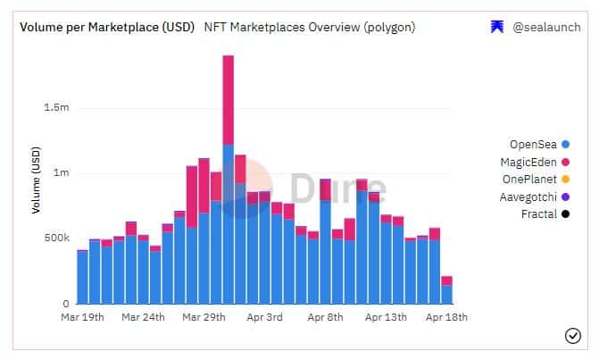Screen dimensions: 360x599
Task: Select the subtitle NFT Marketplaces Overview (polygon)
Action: [310, 27]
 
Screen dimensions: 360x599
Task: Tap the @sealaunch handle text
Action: [545, 27]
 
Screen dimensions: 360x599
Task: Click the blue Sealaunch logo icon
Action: [497, 27]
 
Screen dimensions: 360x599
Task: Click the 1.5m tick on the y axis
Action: [56, 107]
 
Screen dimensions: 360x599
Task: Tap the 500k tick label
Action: [54, 238]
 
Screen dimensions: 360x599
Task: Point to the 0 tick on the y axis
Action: [65, 304]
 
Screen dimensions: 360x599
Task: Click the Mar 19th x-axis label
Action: [83, 317]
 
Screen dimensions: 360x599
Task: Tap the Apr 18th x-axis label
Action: [446, 317]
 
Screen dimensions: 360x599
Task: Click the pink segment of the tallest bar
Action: [228, 98]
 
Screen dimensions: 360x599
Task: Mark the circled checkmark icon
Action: [573, 336]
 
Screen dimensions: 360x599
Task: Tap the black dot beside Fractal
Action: [566, 214]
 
